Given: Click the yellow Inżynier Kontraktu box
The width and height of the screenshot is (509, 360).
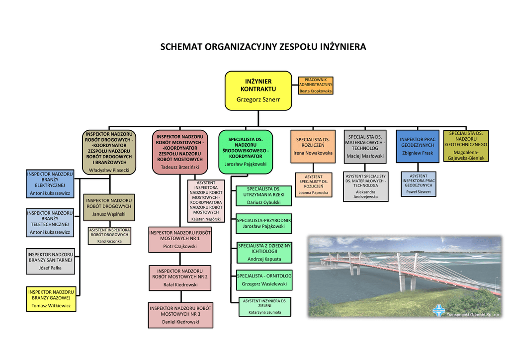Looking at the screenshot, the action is [x=258, y=91].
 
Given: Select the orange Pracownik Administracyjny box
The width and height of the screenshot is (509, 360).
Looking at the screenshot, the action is [x=316, y=86].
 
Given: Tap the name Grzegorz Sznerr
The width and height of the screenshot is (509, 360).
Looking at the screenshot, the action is [x=258, y=99].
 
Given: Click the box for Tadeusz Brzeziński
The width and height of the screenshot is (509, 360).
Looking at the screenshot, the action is [x=180, y=152].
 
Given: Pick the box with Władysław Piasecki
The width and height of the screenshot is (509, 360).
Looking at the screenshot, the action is [x=109, y=152].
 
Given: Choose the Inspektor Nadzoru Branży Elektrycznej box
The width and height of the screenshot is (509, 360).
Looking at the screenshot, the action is [x=50, y=184].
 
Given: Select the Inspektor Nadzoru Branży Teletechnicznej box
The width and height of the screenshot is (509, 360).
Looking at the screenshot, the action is [x=50, y=223].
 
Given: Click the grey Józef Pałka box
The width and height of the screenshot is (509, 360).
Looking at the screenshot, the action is [x=50, y=262].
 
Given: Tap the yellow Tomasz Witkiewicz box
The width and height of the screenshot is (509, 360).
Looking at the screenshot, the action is [x=51, y=299].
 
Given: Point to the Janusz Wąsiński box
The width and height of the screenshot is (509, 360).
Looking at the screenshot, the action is [x=109, y=207].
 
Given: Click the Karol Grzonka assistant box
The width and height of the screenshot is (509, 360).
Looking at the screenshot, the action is [x=109, y=236].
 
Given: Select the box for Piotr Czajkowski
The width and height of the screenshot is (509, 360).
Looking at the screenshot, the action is [x=180, y=240].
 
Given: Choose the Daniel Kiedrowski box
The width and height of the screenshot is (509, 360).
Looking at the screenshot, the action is [x=180, y=315].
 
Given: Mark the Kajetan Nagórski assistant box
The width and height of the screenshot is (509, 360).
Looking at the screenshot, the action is [x=206, y=201].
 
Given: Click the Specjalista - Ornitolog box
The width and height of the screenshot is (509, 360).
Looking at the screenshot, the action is [x=264, y=280].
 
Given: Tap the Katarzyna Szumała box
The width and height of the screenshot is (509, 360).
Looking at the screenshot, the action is [x=265, y=307].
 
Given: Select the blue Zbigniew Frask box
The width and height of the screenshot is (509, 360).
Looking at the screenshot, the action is [x=418, y=146].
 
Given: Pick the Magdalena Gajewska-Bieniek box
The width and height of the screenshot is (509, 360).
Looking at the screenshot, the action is [x=466, y=146].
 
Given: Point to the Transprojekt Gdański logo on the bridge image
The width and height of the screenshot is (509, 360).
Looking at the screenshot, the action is [x=438, y=311].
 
